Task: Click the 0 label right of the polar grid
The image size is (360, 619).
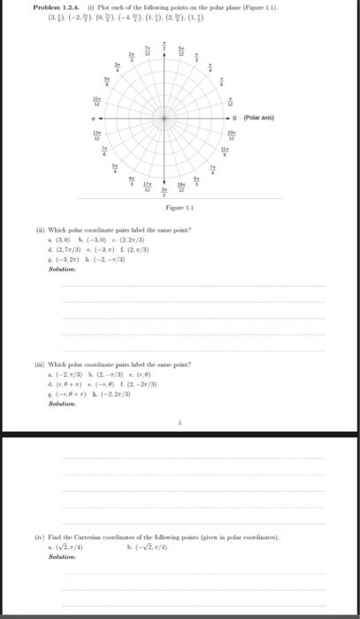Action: pyautogui.click(x=271, y=115)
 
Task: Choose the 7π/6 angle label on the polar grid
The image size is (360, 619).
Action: pyautogui.click(x=103, y=154)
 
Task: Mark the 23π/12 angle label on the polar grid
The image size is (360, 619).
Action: pyautogui.click(x=257, y=135)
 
